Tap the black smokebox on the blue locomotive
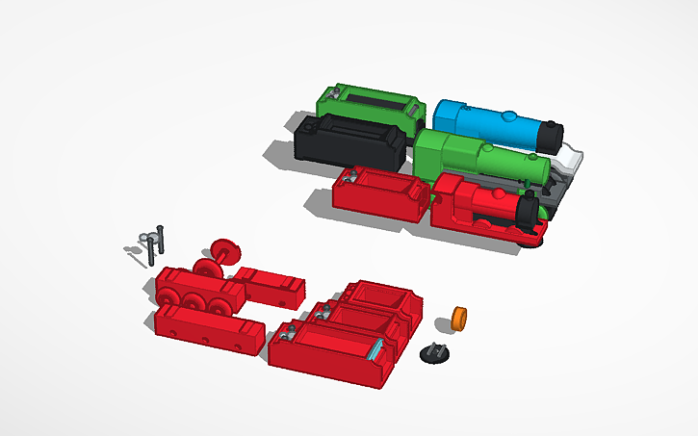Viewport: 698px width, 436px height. pos(552,136)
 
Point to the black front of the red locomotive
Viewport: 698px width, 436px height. pos(527,213)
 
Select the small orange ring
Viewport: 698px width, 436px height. pos(460,318)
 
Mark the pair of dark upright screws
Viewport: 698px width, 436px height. pos(154,244)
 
